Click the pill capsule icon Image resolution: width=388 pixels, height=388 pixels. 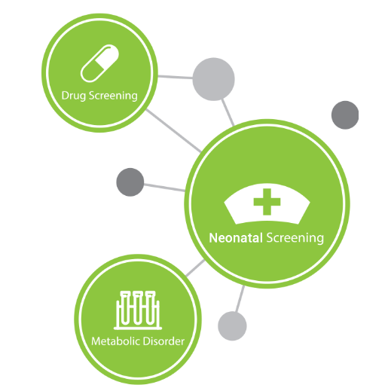click(99, 63)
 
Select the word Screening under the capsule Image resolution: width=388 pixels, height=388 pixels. click(113, 96)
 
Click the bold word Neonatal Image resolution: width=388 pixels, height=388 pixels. click(236, 238)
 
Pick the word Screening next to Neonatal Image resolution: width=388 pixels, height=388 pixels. click(295, 238)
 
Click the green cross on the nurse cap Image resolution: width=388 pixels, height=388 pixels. click(267, 202)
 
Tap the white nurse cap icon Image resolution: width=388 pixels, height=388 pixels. click(267, 203)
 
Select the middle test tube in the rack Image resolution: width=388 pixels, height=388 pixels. click(137, 307)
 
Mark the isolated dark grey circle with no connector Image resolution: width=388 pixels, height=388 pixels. click(345, 115)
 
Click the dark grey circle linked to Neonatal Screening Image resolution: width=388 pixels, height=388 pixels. click(130, 182)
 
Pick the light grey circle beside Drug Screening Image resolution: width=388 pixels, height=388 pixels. click(213, 79)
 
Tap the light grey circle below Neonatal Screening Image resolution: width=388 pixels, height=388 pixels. click(232, 326)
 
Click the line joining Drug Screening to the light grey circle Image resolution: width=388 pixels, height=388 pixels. click(175, 77)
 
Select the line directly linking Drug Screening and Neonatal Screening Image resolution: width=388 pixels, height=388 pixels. click(173, 130)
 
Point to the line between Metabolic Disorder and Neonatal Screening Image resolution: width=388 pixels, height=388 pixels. click(195, 268)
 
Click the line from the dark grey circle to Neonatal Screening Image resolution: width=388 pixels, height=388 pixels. click(164, 188)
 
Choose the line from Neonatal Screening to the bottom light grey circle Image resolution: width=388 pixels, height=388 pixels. click(240, 299)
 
